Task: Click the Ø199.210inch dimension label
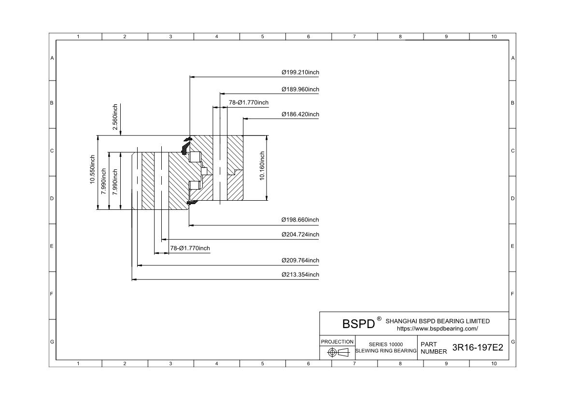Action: point(300,73)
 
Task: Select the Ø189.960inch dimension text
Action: point(300,90)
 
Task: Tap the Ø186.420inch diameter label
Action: point(300,115)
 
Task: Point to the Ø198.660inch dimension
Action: point(300,220)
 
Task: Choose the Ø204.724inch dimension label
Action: point(300,235)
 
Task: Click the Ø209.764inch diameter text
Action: point(300,261)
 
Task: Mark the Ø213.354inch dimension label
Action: point(300,275)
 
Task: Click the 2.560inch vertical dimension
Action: point(115,117)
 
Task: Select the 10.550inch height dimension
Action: point(92,169)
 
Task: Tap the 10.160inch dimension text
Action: point(262,166)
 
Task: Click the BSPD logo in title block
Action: point(358,324)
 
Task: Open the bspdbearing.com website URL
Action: point(437,329)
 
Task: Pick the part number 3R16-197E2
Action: point(477,348)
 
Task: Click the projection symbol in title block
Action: point(338,352)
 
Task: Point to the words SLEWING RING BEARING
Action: point(386,351)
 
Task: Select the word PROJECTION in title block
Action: point(338,342)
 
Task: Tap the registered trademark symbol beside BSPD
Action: point(379,319)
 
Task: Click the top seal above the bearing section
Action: point(186,144)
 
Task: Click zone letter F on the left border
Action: point(52,294)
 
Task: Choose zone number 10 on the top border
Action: point(494,37)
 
